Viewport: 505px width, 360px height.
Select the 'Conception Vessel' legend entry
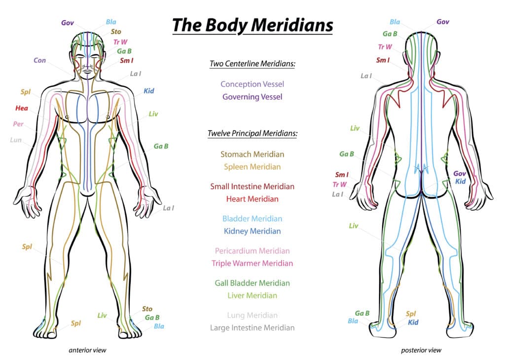[x=252, y=84]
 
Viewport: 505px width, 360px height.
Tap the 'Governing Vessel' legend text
[x=252, y=97]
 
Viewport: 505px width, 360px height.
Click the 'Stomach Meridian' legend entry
[x=252, y=154]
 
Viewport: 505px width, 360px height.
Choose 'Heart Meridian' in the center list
[x=252, y=199]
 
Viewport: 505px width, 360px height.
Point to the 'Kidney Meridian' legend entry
[x=252, y=231]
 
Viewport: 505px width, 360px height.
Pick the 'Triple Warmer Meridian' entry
[x=252, y=263]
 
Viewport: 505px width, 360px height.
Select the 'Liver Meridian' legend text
[x=252, y=296]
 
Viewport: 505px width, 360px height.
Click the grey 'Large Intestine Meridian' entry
[x=252, y=328]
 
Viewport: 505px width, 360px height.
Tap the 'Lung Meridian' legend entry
[x=252, y=315]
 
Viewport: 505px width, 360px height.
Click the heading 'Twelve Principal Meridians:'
[x=252, y=134]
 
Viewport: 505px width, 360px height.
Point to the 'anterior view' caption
[x=87, y=351]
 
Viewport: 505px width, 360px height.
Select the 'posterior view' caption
[x=421, y=351]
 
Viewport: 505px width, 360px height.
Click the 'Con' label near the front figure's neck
[x=40, y=61]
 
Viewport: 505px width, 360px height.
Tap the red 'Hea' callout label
[x=21, y=108]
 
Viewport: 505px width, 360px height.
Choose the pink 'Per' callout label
[x=18, y=124]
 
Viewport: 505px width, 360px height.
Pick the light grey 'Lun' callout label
[x=16, y=140]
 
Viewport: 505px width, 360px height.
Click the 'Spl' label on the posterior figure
[x=410, y=314]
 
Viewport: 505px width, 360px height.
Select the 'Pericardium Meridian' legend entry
[x=252, y=251]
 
